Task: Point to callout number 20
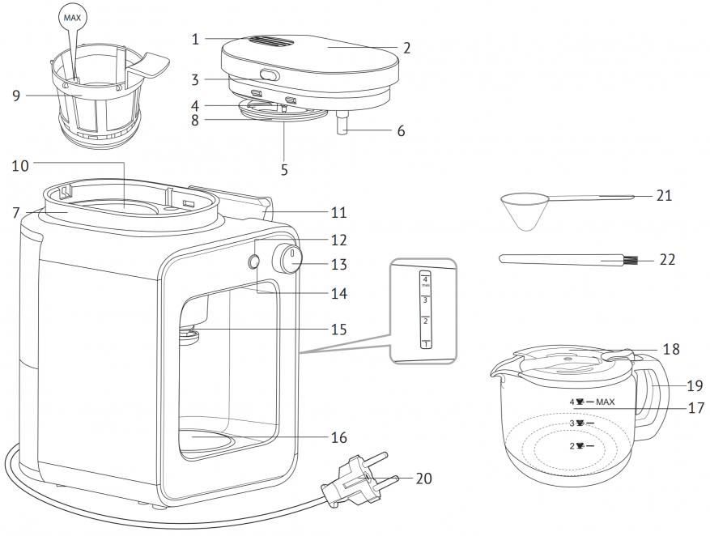(423, 479)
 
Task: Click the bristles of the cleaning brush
(630, 262)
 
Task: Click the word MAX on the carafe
(606, 402)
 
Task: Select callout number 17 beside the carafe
(695, 408)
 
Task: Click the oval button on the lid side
(268, 76)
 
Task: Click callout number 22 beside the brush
(666, 260)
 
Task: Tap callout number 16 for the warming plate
(338, 437)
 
